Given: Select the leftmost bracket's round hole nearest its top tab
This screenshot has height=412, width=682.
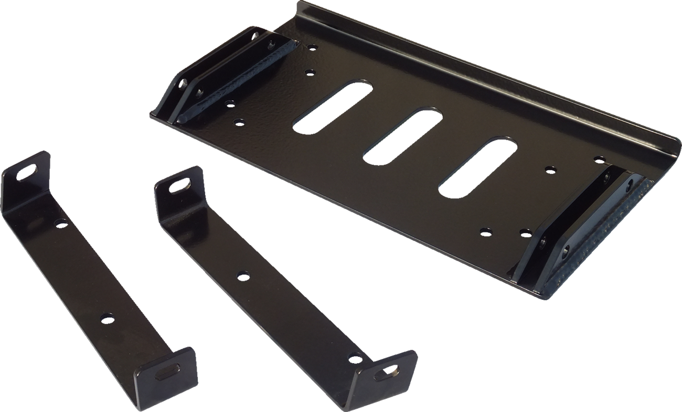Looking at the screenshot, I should (61, 223).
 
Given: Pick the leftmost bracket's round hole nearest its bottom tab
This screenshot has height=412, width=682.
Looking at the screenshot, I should (107, 318).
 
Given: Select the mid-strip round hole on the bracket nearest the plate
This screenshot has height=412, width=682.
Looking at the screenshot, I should (243, 275).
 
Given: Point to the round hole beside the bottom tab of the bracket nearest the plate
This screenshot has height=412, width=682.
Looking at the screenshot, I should (356, 358).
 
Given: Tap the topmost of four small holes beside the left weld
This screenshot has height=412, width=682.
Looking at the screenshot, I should (312, 47).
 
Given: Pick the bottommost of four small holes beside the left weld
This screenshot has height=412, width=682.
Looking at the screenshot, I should (239, 122).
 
